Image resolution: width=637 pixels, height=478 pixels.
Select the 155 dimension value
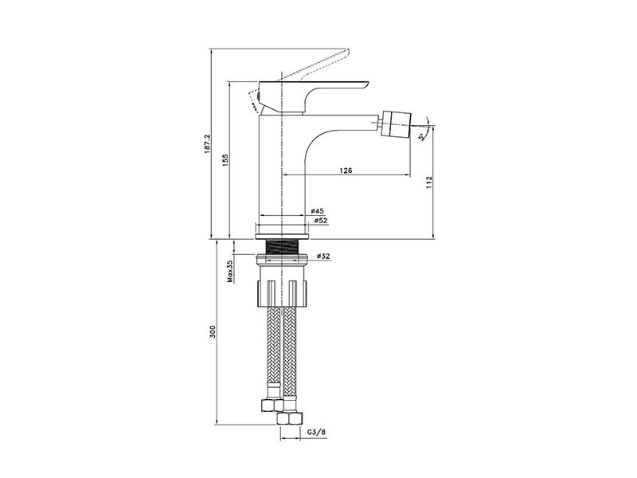coord(225,160)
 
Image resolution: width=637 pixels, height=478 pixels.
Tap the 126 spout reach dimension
coord(346,170)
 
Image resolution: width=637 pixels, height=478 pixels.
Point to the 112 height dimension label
coord(429,182)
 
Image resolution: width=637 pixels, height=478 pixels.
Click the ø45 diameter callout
coord(317,211)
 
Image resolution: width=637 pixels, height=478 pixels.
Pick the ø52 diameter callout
coord(321,221)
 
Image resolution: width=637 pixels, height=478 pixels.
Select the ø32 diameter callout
coord(323,256)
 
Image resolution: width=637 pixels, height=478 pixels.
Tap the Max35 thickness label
coord(230,272)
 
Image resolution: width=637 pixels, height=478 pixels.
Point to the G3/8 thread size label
coord(316,432)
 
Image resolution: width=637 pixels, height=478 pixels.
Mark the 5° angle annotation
coord(423,136)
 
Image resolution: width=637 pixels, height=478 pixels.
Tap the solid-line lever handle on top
coord(313,96)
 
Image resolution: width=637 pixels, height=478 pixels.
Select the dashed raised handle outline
coord(313,65)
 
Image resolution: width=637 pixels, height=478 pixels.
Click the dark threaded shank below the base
coord(282,247)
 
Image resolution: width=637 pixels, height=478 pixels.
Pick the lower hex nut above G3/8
coord(290,417)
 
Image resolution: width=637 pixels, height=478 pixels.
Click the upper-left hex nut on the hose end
coord(272,405)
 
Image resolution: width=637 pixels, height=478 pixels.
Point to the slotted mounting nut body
coord(282,284)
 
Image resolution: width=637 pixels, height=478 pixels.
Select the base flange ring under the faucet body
coord(282,237)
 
